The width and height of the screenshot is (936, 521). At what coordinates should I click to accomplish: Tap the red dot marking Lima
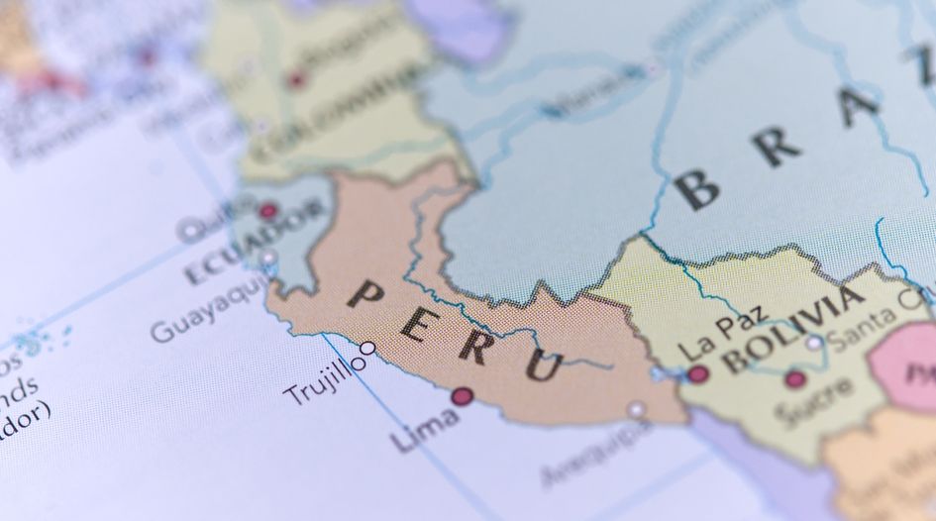coord(462,396)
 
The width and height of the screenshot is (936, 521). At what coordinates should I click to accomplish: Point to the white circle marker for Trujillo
coord(367,349)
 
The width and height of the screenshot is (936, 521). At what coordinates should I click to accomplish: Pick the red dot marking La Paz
coord(698,373)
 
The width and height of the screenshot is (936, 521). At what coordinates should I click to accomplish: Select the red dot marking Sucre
coord(794,378)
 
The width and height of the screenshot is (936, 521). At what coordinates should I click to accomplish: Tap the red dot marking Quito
coord(267,211)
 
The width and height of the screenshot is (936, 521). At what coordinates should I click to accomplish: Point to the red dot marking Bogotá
coord(296,79)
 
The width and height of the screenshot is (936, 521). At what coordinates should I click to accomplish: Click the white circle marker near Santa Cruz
coord(814,344)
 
